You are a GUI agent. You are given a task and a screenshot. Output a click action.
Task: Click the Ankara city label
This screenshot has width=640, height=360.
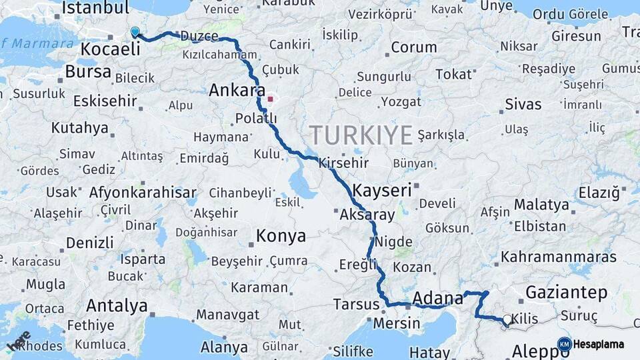(237, 91)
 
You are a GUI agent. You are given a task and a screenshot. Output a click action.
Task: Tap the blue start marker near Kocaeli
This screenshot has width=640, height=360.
(135, 32)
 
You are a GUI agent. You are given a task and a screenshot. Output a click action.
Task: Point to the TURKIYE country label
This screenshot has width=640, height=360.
(361, 135)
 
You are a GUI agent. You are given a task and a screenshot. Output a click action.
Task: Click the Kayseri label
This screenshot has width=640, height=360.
(382, 190)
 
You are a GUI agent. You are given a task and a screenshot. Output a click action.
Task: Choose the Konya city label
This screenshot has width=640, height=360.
(281, 236)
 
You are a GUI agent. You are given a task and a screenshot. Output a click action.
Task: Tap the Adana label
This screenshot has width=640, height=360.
(438, 297)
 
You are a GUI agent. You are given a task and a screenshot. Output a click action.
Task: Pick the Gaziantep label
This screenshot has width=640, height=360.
(566, 292)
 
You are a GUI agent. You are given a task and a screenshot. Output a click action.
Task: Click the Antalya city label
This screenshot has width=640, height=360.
(117, 306)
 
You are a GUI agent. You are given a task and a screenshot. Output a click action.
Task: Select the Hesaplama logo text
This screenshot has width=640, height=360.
(598, 344)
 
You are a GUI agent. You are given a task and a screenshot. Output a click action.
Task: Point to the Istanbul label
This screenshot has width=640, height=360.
(95, 8)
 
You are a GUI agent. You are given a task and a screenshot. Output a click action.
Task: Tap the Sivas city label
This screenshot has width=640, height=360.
(523, 105)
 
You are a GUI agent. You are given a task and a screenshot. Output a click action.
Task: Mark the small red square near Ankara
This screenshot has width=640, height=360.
(270, 100)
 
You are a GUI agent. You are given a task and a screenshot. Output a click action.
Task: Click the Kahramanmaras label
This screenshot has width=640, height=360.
(559, 257)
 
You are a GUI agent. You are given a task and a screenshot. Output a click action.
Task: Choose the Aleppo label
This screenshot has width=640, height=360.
(535, 351)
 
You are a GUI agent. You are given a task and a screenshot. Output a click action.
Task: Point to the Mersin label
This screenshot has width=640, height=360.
(397, 324)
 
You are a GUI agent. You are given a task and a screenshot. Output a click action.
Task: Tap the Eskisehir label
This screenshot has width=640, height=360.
(105, 101)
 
